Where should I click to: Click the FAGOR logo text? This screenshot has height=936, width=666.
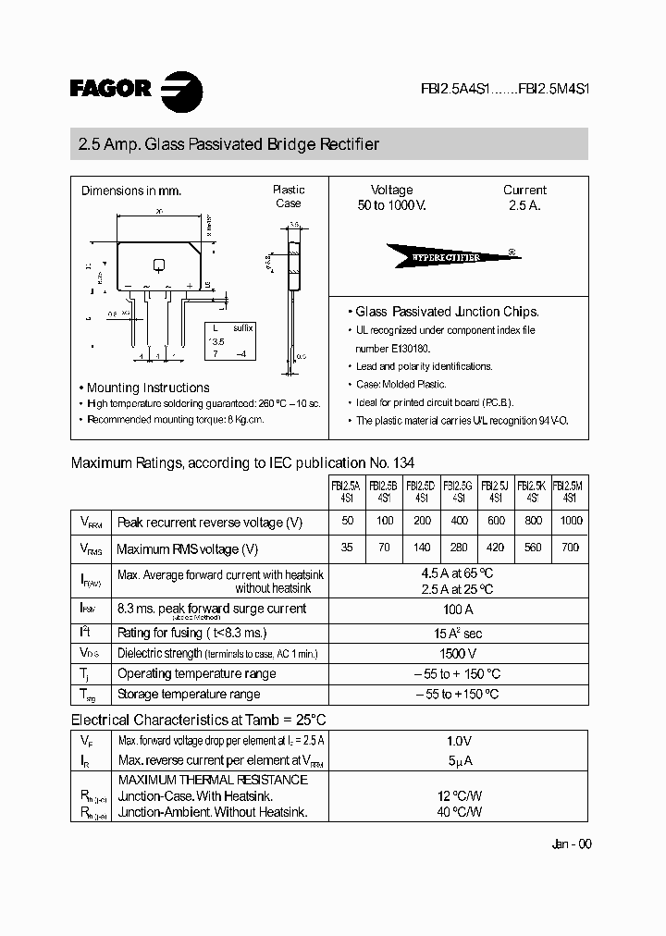110,89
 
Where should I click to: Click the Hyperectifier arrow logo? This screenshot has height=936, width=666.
450,256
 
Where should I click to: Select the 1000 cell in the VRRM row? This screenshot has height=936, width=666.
570,522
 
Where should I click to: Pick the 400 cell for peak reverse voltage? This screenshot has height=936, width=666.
458,522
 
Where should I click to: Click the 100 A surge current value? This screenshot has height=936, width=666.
458,610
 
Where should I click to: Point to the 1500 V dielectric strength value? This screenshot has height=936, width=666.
458,653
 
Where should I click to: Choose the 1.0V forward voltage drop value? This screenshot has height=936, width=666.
458,741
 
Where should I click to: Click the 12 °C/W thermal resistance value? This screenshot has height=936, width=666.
459,795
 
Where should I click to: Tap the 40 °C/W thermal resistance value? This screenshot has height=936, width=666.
459,812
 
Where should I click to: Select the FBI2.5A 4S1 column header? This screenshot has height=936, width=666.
347,490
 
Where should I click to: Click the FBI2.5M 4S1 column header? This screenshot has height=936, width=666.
570,490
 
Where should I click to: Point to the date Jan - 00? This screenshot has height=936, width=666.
571,844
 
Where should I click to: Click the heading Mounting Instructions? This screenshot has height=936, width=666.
148,388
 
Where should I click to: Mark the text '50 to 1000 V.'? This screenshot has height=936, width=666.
391,205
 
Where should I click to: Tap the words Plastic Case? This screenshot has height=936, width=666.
289,196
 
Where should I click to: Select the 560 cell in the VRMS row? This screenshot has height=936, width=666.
532,548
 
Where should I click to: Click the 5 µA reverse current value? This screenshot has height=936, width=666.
458,760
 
